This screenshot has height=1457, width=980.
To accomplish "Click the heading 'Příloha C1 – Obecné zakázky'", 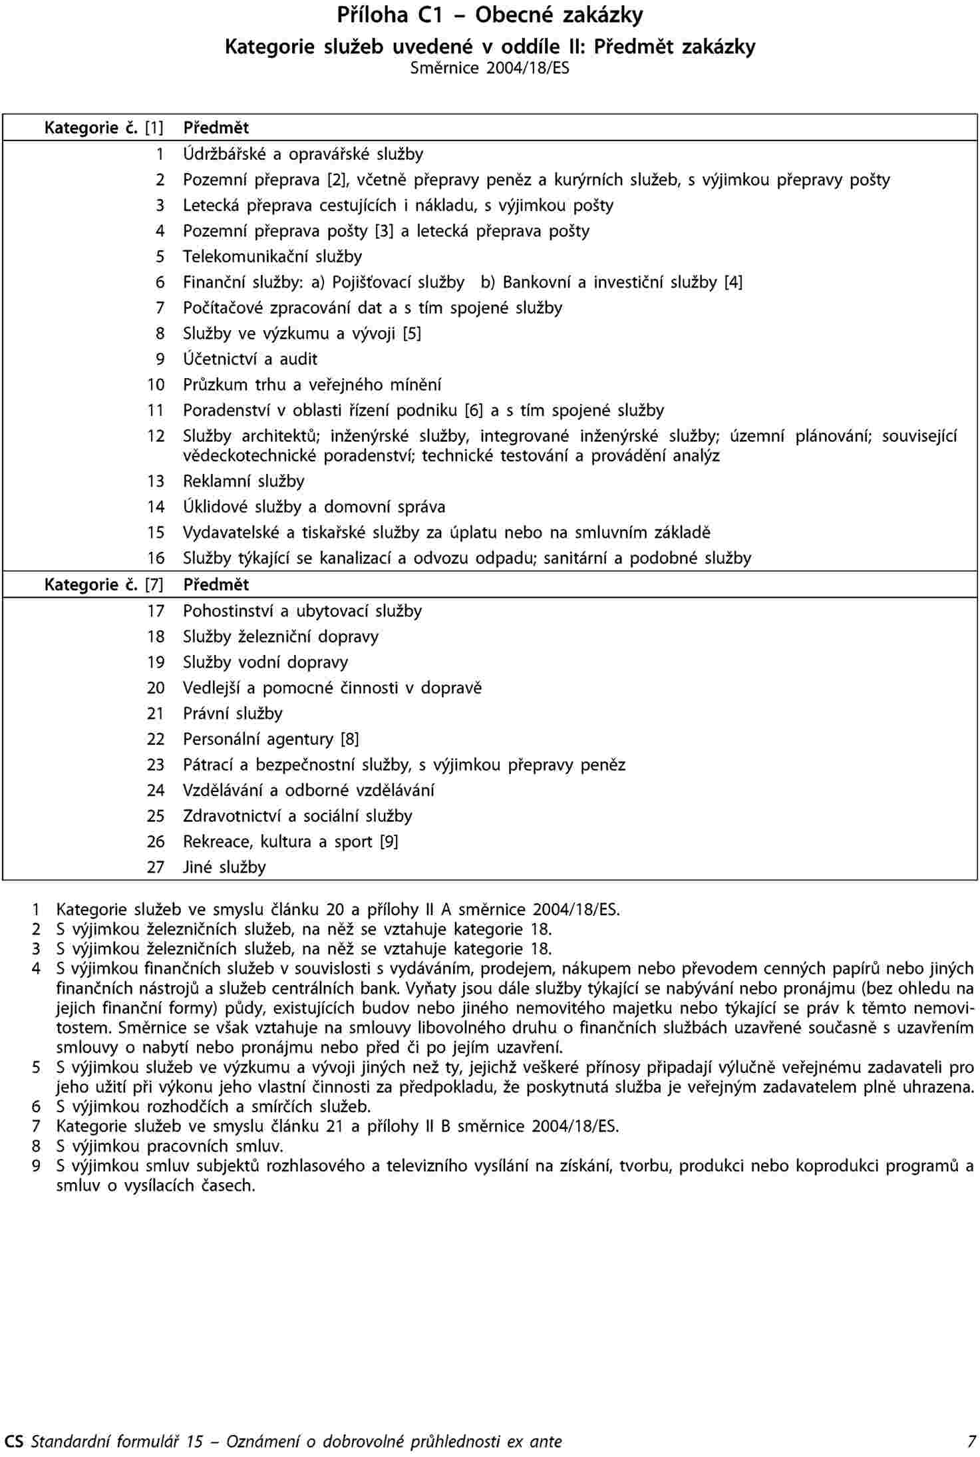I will (490, 15).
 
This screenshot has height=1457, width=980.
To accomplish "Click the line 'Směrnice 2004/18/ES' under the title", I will (490, 68).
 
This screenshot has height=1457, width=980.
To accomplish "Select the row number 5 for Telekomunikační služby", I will (160, 257).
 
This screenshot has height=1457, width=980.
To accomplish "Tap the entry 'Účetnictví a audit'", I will (250, 359).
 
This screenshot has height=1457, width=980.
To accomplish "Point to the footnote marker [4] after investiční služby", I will (733, 282).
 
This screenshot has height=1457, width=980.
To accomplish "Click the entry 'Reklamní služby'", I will (244, 481).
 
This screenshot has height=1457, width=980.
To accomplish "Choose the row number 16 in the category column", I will (156, 558).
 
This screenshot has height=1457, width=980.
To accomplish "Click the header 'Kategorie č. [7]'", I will (103, 585).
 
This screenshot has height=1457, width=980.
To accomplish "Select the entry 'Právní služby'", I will (233, 714).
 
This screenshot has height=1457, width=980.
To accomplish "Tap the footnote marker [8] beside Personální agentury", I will (350, 739).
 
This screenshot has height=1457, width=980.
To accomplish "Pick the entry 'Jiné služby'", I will (224, 867).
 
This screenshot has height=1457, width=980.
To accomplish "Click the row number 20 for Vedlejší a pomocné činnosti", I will (156, 688).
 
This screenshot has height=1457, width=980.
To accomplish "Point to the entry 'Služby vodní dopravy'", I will (265, 663).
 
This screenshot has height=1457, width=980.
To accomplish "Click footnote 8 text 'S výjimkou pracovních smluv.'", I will (170, 1146).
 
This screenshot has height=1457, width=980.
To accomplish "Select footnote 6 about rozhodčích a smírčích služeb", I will (213, 1107).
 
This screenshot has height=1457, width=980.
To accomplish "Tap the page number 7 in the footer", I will (972, 1442).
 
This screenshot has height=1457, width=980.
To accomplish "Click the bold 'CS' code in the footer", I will (13, 1442).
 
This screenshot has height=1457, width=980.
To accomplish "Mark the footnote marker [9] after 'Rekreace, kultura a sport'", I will (389, 842).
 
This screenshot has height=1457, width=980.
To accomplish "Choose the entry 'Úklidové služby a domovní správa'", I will (314, 507).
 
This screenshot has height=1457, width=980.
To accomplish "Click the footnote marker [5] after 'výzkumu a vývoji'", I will (412, 333).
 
